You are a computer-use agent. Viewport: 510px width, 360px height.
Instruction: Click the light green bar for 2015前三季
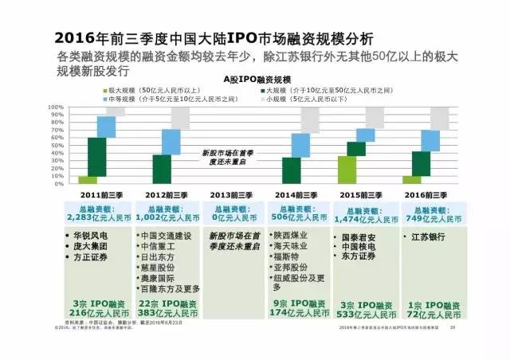tap(347, 169)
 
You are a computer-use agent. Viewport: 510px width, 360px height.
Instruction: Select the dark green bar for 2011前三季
tap(97, 157)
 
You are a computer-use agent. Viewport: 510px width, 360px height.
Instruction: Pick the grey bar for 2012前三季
tap(180, 117)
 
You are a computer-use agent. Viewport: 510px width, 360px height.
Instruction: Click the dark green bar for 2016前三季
tap(422, 163)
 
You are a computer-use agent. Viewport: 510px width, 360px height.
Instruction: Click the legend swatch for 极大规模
tap(103, 91)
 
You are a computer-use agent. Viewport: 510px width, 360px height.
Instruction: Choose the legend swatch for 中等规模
tap(103, 99)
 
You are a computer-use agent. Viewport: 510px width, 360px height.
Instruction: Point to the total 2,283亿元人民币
tap(96, 217)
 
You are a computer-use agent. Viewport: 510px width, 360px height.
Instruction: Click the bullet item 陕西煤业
tap(292, 236)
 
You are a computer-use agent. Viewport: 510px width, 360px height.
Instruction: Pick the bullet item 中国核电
tap(359, 246)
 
